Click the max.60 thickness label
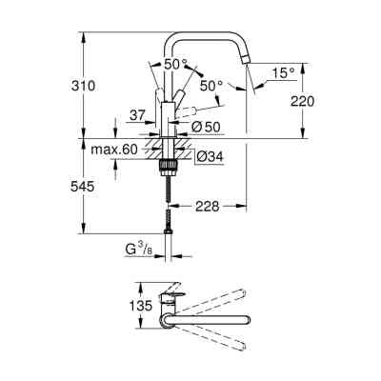(114, 150)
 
